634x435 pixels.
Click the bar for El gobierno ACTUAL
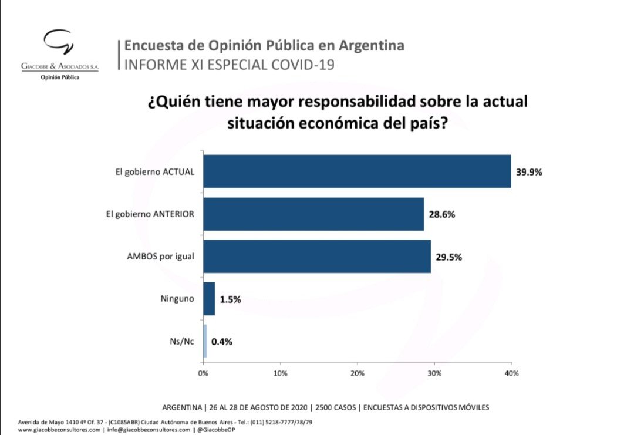tap(357, 171)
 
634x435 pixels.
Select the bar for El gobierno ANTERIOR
tap(313, 214)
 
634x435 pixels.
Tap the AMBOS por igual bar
tap(317, 257)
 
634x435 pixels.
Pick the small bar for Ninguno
tap(209, 298)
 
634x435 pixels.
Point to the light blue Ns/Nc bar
tap(205, 340)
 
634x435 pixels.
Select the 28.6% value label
tap(442, 214)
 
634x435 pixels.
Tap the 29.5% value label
tap(449, 257)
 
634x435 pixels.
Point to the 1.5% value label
tap(230, 299)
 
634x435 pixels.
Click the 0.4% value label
tap(222, 341)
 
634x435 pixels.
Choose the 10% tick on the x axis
tap(280, 373)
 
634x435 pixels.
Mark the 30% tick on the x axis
tap(434, 373)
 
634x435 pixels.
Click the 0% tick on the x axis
tap(203, 373)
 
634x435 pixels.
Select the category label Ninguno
tap(177, 299)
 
